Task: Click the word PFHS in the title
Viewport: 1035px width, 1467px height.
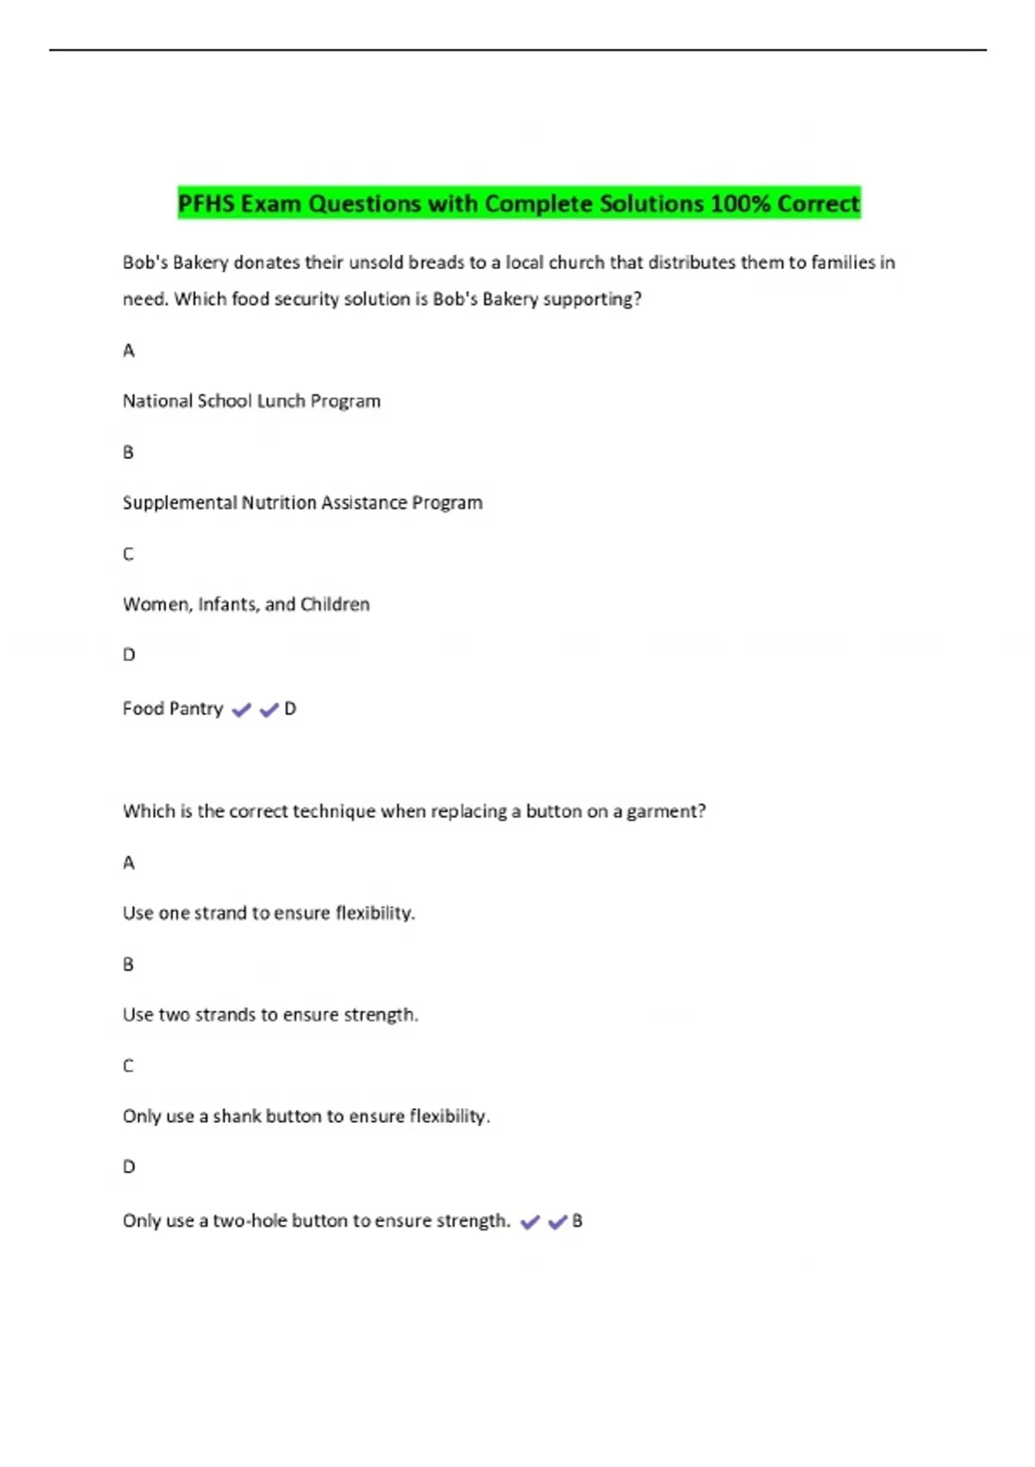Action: pyautogui.click(x=206, y=204)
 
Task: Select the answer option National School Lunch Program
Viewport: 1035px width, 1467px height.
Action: pyautogui.click(x=251, y=401)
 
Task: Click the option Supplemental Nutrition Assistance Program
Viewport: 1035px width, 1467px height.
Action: pyautogui.click(x=302, y=503)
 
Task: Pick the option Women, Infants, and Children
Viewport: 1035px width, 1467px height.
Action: pyautogui.click(x=246, y=605)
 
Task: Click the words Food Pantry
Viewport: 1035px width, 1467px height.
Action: pyautogui.click(x=172, y=708)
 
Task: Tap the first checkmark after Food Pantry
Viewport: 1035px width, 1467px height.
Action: pyautogui.click(x=241, y=710)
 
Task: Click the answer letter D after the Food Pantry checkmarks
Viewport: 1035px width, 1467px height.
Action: pyautogui.click(x=291, y=708)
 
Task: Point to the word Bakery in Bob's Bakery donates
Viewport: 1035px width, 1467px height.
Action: pyautogui.click(x=200, y=263)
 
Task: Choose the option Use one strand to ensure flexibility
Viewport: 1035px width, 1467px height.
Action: pyautogui.click(x=268, y=913)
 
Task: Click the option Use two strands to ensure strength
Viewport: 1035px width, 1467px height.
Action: pyautogui.click(x=270, y=1015)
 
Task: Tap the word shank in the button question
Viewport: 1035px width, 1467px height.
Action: pyautogui.click(x=236, y=1117)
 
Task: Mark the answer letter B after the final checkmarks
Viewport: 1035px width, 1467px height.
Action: pyautogui.click(x=578, y=1221)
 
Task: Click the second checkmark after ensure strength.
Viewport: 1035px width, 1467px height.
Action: pyautogui.click(x=557, y=1222)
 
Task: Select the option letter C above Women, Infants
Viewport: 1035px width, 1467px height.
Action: pyautogui.click(x=129, y=554)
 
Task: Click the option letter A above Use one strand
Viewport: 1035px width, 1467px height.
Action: pyautogui.click(x=129, y=863)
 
